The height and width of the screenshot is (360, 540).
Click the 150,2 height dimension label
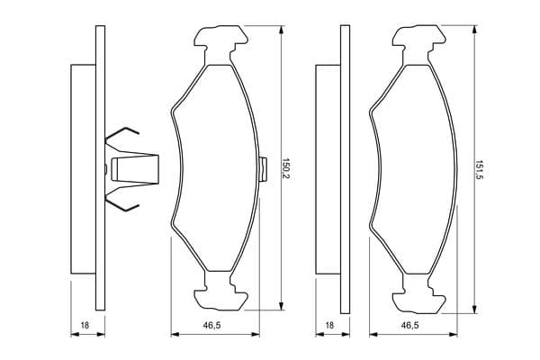(x=286, y=168)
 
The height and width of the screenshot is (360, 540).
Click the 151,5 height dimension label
(x=480, y=169)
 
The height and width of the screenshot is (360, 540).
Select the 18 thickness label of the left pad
(x=85, y=325)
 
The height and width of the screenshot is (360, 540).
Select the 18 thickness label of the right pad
(x=329, y=325)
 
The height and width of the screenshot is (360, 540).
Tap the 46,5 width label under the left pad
(x=211, y=325)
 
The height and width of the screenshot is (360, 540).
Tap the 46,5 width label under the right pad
(x=409, y=325)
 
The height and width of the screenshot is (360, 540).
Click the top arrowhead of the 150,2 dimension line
(x=282, y=30)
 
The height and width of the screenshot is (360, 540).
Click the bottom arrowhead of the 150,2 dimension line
(x=282, y=306)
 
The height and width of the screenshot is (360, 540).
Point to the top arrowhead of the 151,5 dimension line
(x=475, y=30)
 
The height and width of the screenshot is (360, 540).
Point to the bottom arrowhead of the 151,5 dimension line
(x=475, y=309)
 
